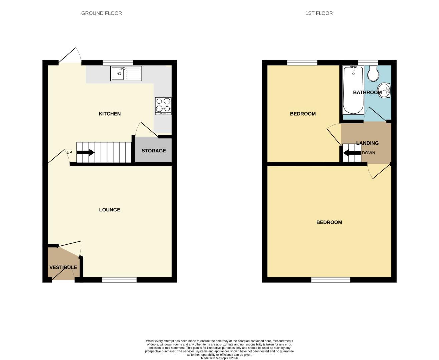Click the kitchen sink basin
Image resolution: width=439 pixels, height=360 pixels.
tap(118, 73)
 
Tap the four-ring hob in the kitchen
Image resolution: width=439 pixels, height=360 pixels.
tap(163, 106)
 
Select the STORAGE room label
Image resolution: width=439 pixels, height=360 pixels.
tap(154, 151)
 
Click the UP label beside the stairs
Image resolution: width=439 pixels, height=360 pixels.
tap(69, 152)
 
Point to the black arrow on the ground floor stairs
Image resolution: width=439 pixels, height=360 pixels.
tap(85, 152)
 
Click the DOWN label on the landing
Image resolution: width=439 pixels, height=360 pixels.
tap(368, 153)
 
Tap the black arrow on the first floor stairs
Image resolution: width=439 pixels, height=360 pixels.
tap(352, 153)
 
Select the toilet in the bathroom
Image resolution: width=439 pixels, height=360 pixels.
tap(373, 74)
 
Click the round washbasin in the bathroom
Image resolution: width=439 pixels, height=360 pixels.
tap(384, 90)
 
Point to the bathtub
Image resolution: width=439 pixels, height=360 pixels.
tap(353, 90)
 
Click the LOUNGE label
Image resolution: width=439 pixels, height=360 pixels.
tap(110, 210)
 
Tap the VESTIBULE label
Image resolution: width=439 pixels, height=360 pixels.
tap(63, 267)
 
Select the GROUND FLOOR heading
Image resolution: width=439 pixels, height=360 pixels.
tap(102, 13)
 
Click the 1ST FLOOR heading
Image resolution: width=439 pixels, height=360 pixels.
tap(319, 13)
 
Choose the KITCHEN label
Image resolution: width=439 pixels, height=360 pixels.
tap(110, 114)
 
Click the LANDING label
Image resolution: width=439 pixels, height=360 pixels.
tap(367, 143)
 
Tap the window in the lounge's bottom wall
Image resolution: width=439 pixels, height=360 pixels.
tap(119, 280)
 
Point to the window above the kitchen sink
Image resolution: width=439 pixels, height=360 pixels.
tap(118, 63)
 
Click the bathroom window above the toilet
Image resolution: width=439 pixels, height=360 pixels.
tap(368, 63)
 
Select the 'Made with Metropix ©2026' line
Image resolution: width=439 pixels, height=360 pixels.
tap(220, 358)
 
